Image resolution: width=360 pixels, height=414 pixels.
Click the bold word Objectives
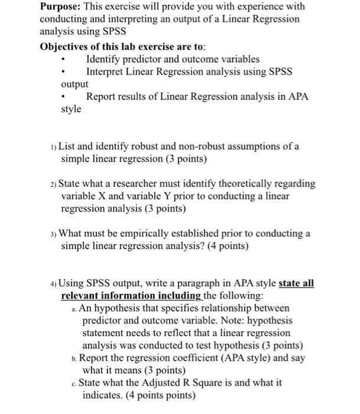[65, 47]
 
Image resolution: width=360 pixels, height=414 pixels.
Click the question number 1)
[52, 147]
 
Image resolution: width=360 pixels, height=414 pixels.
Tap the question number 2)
[52, 184]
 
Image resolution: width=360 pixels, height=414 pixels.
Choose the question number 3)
[52, 234]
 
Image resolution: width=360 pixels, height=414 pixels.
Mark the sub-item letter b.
[74, 358]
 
